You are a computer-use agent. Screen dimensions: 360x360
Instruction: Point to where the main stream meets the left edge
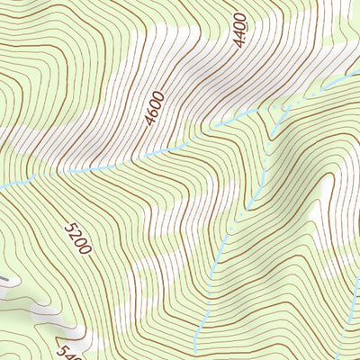click(x=2, y=184)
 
